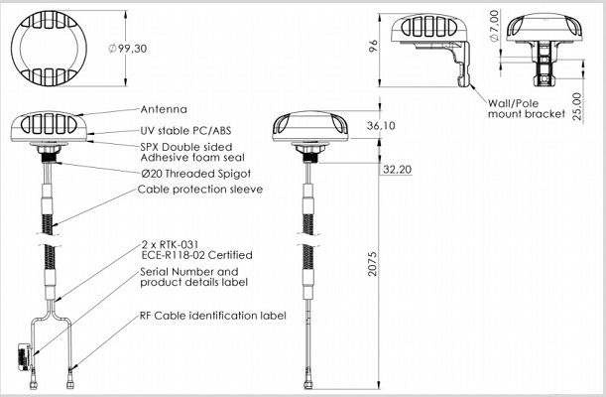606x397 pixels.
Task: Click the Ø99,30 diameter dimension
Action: [128, 49]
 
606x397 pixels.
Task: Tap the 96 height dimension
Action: [373, 46]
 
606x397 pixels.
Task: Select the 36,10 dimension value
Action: [381, 126]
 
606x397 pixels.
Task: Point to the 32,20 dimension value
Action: [397, 170]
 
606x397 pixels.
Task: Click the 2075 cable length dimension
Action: [372, 264]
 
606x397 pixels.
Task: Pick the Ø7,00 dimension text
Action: [494, 26]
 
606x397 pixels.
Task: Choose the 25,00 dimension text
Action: [576, 106]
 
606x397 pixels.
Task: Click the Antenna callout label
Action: [164, 109]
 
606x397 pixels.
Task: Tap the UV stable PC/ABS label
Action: [185, 131]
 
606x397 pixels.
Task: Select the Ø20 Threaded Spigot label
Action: [196, 174]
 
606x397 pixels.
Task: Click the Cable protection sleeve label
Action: [200, 190]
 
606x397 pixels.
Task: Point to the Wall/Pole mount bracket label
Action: [527, 108]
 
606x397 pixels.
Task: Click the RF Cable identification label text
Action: [213, 316]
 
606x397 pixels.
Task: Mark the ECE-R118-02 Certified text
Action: [197, 255]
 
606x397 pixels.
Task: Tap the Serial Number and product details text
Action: [193, 277]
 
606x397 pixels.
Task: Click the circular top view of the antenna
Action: [49, 48]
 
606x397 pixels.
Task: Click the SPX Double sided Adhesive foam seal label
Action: [192, 152]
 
